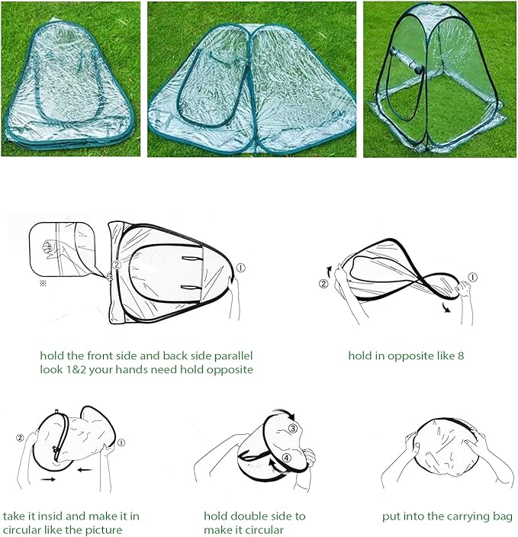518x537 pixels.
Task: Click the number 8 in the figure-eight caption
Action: tap(461, 355)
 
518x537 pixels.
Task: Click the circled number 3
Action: tap(292, 428)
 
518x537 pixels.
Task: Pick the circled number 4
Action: tap(286, 458)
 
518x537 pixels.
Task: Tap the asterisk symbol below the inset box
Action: tap(43, 283)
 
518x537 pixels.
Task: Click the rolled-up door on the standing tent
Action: tap(406, 63)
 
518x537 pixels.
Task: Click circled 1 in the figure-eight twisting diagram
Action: tap(473, 277)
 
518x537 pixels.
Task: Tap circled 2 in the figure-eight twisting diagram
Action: tap(323, 284)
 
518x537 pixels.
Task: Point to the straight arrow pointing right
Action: tap(48, 480)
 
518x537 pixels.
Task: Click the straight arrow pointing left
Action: tap(84, 470)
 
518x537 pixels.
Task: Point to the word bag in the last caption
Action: tap(505, 517)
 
